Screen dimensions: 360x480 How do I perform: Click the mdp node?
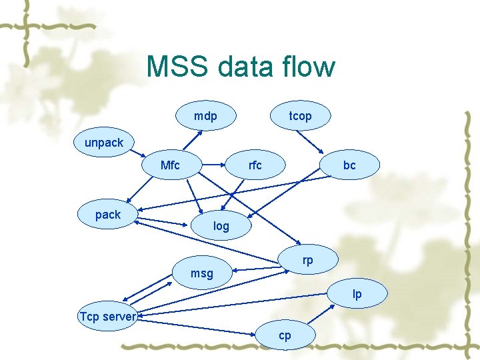pos(205,116)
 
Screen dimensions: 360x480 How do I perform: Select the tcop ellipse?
pos(300,116)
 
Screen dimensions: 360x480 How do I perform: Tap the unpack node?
pos(104,143)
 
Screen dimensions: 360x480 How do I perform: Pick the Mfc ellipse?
pos(171,165)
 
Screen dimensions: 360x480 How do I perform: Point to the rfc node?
pos(255,165)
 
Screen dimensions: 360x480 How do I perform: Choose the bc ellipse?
pos(349,165)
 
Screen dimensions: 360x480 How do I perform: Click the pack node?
pos(108,215)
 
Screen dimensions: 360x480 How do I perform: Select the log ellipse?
pos(221,226)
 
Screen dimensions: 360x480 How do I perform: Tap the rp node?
pos(307,260)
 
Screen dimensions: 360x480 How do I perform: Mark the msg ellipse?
pos(201,273)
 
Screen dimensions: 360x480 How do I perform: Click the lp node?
pos(357,294)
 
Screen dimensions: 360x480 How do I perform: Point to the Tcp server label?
pos(107,316)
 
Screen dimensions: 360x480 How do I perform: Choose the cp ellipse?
pos(285,335)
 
